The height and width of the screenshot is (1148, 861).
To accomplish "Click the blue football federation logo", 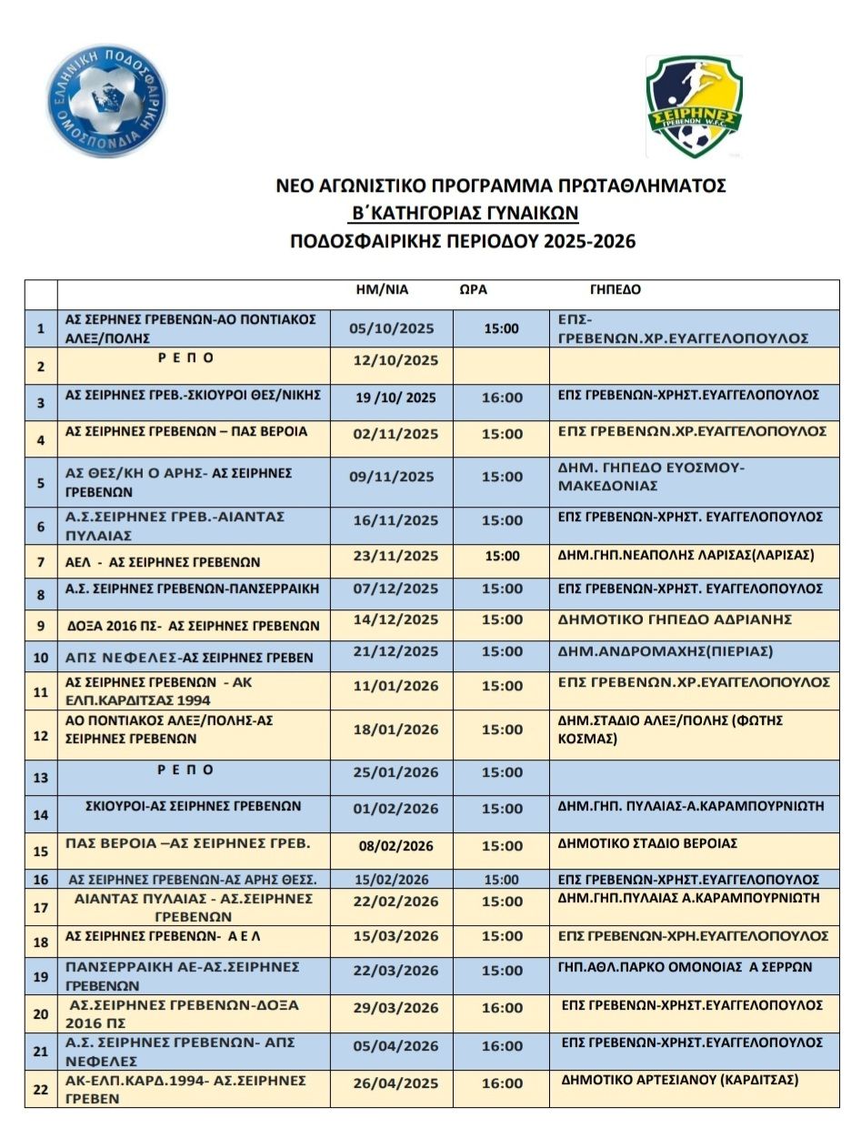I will (x=106, y=101).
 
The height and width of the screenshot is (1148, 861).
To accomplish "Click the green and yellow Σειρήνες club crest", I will (x=695, y=106).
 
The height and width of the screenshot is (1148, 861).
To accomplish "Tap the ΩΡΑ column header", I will (x=473, y=290).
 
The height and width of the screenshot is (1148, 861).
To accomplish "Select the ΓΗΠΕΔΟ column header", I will (x=615, y=290).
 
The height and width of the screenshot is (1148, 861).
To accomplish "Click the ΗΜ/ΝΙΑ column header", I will (x=382, y=290).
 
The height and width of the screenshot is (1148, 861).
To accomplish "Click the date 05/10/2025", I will (x=392, y=328).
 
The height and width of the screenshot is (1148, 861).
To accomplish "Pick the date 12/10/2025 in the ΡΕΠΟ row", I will (x=395, y=361).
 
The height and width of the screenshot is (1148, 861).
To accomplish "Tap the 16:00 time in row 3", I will (x=502, y=398).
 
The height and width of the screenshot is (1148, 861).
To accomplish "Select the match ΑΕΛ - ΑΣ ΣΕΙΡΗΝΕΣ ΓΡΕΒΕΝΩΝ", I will (x=163, y=562).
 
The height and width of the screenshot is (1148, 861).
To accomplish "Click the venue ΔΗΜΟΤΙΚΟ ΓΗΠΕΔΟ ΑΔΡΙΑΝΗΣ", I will (x=675, y=619).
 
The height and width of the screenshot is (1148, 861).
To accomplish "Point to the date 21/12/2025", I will (x=395, y=651).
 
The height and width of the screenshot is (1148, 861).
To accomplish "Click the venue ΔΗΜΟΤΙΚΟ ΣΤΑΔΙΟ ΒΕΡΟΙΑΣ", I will (x=647, y=843).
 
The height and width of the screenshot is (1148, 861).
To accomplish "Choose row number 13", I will (x=40, y=778).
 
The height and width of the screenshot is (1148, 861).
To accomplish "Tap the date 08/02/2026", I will (x=395, y=846).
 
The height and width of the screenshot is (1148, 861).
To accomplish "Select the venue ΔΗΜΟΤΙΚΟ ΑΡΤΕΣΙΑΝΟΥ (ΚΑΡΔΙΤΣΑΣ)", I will (x=680, y=1080).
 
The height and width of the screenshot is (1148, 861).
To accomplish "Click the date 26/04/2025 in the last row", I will (x=395, y=1083).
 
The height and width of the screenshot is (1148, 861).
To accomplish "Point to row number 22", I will (x=40, y=1089).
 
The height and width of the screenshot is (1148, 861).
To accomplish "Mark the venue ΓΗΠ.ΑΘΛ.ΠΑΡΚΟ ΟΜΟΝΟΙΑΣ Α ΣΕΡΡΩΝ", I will (x=685, y=967).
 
